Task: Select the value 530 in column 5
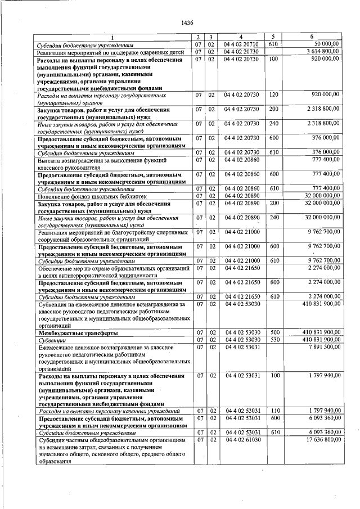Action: click(x=273, y=340)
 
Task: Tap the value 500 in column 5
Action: click(x=273, y=333)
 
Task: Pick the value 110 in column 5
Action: click(x=273, y=412)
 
